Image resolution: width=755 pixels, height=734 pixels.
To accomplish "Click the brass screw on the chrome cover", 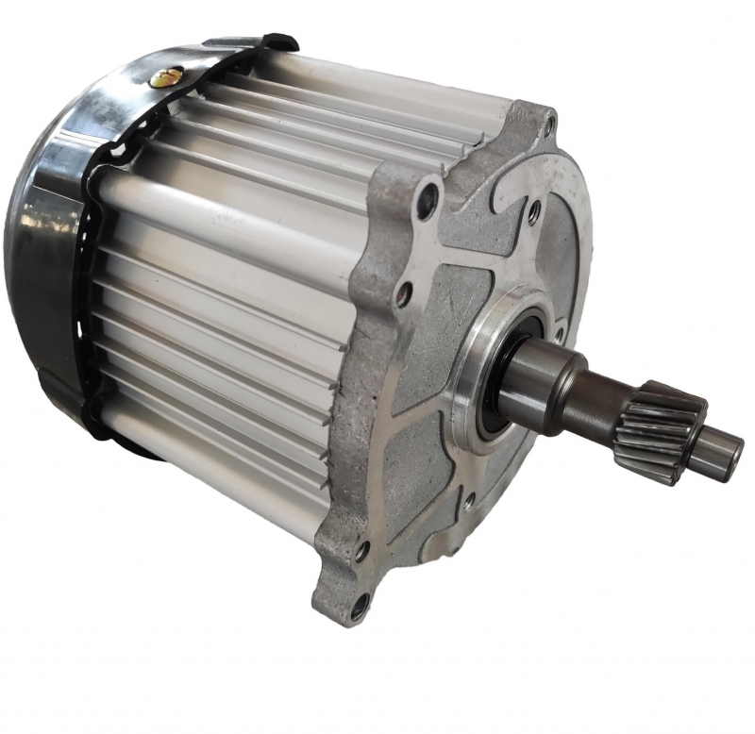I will [166, 77].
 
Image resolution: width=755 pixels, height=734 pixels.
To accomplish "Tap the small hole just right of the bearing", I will [559, 330].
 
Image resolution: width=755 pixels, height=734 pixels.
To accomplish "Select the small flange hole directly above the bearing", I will [535, 214].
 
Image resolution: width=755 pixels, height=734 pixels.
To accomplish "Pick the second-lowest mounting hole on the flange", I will [360, 547].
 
